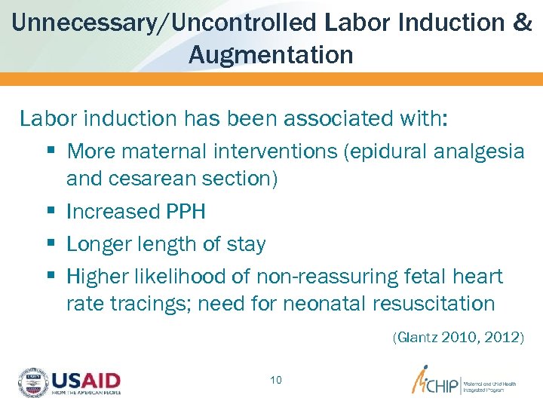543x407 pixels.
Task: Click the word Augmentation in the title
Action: (271, 54)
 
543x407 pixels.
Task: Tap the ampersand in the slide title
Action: (522, 22)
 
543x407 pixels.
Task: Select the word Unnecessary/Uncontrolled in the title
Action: (164, 22)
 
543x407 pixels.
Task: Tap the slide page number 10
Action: (276, 380)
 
